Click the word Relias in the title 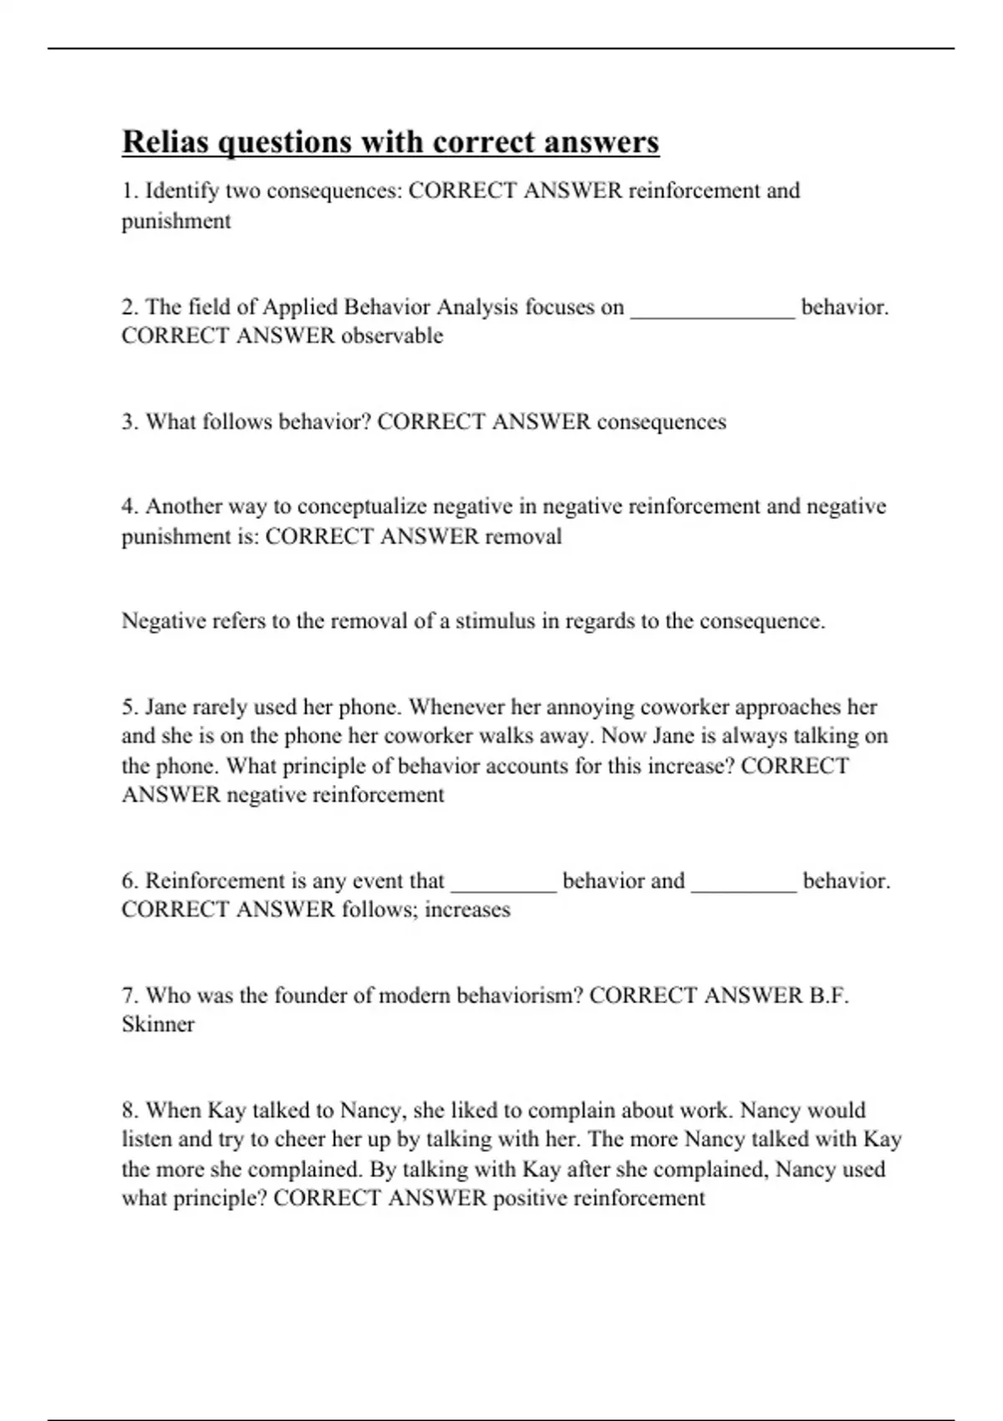point(165,142)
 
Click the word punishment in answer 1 point(176,222)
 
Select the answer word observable point(392,336)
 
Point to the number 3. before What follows point(130,422)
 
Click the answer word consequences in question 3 point(661,422)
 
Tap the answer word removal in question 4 point(523,537)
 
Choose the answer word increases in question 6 point(467,910)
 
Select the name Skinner point(158,1025)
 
